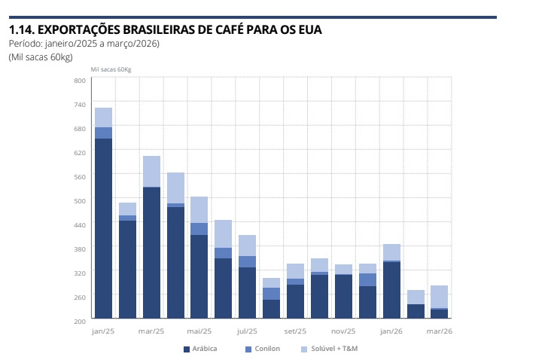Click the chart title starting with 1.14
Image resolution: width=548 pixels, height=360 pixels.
pyautogui.click(x=165, y=29)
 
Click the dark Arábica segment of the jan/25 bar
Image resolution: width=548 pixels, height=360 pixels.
pyautogui.click(x=103, y=226)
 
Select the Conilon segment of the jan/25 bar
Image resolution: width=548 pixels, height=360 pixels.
pyautogui.click(x=103, y=133)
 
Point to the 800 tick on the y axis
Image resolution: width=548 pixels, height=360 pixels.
pyautogui.click(x=79, y=80)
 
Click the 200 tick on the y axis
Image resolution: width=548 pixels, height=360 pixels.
pyautogui.click(x=79, y=321)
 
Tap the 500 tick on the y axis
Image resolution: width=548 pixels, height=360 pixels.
pyautogui.click(x=79, y=200)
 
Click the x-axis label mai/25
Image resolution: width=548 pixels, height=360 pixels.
pyautogui.click(x=199, y=331)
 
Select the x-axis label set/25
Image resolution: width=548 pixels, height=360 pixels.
pyautogui.click(x=295, y=331)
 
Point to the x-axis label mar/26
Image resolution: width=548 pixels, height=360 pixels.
pyautogui.click(x=440, y=331)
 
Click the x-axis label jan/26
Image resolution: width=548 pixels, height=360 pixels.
pyautogui.click(x=391, y=331)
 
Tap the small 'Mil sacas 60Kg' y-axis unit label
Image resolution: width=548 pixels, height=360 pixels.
pyautogui.click(x=111, y=69)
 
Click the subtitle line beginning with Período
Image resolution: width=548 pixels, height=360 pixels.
pyautogui.click(x=84, y=44)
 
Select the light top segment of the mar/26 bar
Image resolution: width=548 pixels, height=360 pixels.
pyautogui.click(x=440, y=296)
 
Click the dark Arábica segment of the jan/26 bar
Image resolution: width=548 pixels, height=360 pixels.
pyautogui.click(x=391, y=289)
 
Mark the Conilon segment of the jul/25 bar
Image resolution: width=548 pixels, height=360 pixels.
pyautogui.click(x=247, y=261)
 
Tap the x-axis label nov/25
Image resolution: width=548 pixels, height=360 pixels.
pyautogui.click(x=343, y=331)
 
